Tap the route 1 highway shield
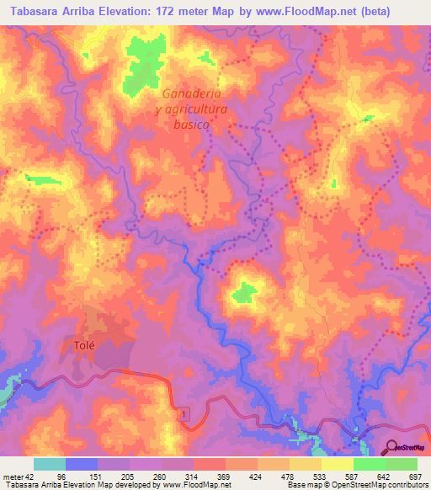point(183,413)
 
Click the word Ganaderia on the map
point(193,93)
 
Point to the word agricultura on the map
point(193,108)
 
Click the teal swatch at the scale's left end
point(50,464)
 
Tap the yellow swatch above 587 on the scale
point(337,464)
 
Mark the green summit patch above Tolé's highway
point(245,292)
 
